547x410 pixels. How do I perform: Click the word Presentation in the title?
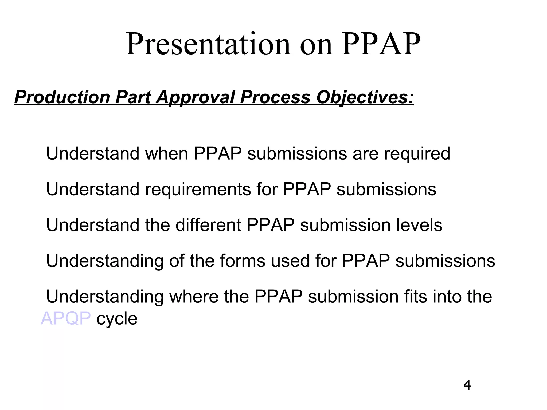[208, 44]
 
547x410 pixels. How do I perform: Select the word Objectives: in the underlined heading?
[365, 97]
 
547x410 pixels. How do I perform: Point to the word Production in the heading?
[62, 97]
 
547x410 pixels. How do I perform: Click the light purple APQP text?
[66, 318]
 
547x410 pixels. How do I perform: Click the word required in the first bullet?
[417, 154]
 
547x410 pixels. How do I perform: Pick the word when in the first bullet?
[166, 154]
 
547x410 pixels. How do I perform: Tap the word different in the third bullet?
[208, 225]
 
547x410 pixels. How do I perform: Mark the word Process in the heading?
[275, 97]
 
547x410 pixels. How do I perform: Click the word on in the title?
[316, 44]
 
